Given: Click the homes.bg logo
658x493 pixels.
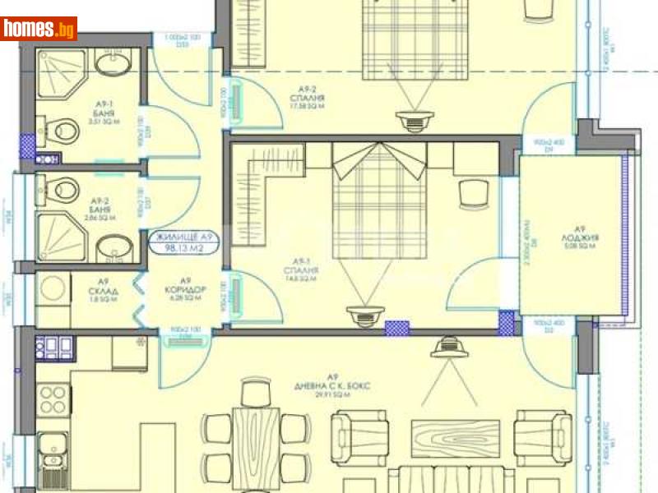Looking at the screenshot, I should tap(39, 29).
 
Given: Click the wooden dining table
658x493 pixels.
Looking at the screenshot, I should tap(256, 444).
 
